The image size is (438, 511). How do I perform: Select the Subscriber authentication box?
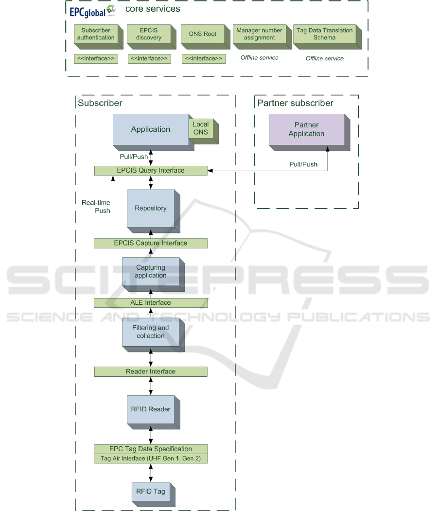coord(96,34)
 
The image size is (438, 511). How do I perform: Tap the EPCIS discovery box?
coord(149,34)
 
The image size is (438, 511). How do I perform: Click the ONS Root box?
coord(203,34)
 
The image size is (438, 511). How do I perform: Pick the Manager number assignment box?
coord(259,34)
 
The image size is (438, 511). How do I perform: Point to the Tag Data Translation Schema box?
coord(324,34)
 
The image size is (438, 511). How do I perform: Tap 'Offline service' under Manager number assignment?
coord(260,58)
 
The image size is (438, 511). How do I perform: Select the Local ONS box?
coord(200,128)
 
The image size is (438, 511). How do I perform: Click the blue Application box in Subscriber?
coord(151,129)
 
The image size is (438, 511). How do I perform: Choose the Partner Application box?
coord(306,130)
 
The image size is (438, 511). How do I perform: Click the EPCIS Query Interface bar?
coord(151,170)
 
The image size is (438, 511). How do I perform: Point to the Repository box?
coord(151,209)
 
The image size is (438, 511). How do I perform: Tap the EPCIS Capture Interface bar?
coord(151,243)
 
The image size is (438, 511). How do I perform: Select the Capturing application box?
coord(151,272)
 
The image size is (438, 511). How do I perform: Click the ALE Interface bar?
coord(151,303)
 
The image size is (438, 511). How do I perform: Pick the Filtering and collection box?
coord(151,332)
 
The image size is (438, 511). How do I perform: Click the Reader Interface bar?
coord(151,371)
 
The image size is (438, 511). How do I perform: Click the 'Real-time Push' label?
coord(96,206)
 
